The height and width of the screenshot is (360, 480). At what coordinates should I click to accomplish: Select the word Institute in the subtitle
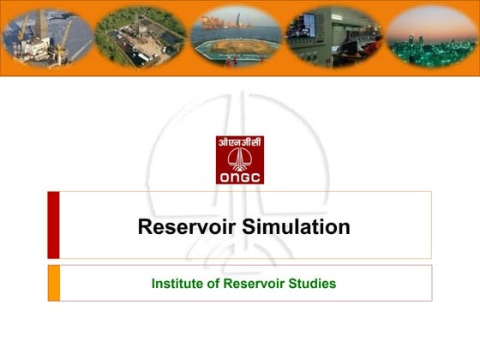(178, 283)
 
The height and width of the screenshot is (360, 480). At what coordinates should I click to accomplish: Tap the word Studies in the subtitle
(313, 283)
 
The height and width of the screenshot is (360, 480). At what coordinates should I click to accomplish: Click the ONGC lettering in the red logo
(240, 177)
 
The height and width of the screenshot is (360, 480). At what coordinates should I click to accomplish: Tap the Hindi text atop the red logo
(240, 143)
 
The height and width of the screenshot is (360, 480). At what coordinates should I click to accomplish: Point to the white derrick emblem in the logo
(240, 159)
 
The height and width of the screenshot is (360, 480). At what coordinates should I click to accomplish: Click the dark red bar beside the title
(53, 225)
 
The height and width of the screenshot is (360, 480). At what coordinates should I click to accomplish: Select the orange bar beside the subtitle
(53, 283)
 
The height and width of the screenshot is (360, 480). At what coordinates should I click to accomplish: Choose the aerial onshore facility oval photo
(140, 37)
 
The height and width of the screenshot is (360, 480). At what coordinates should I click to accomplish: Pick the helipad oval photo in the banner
(235, 39)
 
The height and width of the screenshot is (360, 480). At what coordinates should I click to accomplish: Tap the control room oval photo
(333, 37)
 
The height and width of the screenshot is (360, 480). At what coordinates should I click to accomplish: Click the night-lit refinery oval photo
(429, 37)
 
